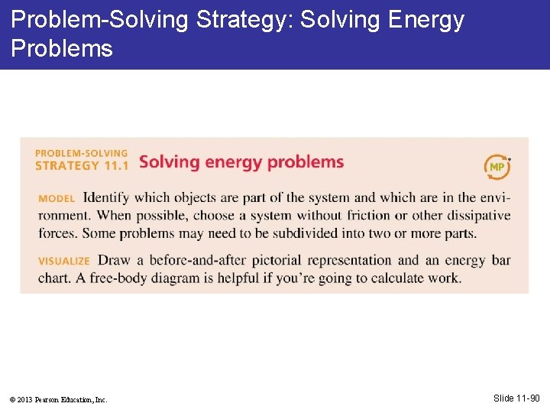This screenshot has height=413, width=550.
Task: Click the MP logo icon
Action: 497,165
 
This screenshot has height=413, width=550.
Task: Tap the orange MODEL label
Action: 57,199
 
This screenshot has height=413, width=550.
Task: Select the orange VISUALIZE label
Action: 64,262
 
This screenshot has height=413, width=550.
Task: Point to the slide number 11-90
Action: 517,398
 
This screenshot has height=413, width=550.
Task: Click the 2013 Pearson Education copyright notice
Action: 59,399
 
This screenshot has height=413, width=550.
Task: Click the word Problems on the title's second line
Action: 62,48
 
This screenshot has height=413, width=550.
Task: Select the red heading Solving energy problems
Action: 241,162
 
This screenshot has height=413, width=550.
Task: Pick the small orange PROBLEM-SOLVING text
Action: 81,153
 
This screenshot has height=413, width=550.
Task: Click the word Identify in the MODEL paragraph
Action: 105,198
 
